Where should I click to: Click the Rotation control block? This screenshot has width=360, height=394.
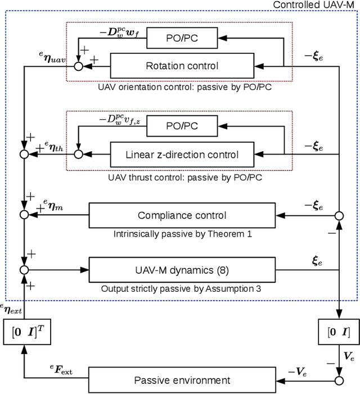tap(182, 66)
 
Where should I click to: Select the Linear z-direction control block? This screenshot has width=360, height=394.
tap(182, 154)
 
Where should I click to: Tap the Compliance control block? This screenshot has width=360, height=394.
tap(182, 215)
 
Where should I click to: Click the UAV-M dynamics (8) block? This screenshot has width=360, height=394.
tap(182, 270)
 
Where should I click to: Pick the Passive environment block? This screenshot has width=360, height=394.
tap(182, 381)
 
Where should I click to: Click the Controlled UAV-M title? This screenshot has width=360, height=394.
tap(315, 5)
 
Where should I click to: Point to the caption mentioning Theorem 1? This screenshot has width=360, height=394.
tap(182, 233)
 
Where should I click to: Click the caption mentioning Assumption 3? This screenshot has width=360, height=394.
tap(182, 288)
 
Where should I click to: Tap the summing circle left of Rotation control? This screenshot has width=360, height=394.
tap(79, 66)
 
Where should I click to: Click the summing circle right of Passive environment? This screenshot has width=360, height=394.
tap(339, 381)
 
